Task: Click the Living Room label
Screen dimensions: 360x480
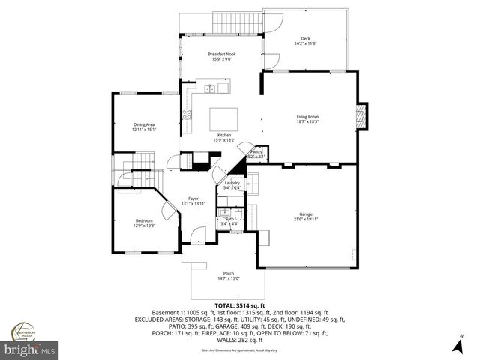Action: click(307, 117)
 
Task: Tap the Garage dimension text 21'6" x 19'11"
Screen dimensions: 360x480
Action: click(305, 220)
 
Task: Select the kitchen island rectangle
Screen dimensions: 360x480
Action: click(223, 119)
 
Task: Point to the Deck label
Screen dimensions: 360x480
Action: click(305, 39)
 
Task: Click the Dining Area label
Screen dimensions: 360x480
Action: click(144, 124)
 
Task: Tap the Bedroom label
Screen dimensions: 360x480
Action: click(144, 220)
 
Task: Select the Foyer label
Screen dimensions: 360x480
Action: click(193, 199)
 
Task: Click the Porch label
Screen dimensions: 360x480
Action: click(229, 273)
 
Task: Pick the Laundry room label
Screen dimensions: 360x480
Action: click(232, 183)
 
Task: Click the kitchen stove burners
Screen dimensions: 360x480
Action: click(186, 115)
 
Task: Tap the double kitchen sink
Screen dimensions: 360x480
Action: click(212, 89)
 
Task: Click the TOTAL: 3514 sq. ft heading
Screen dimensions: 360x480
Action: click(239, 306)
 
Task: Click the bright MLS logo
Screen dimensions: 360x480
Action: click(30, 349)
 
